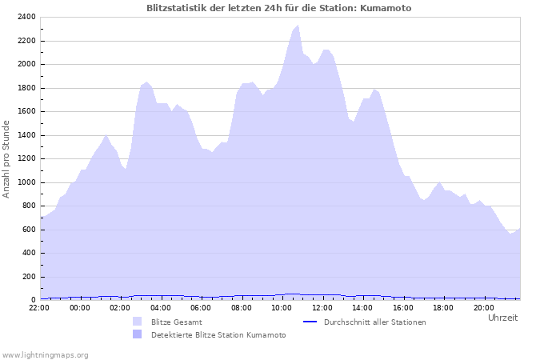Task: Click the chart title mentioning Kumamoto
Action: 280,8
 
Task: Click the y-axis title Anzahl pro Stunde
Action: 6,158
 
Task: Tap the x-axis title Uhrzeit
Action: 502,318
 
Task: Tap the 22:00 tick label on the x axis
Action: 39,308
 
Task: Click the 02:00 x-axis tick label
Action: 120,308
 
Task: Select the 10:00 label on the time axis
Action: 282,308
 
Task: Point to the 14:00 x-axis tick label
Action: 362,308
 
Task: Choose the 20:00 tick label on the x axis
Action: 483,308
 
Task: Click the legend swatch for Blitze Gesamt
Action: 137,322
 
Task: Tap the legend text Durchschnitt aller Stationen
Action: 374,322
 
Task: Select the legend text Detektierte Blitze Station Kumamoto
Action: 218,334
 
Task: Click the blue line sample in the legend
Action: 310,322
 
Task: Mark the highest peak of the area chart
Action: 298,26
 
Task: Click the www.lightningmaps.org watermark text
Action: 45,354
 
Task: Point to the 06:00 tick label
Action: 201,308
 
